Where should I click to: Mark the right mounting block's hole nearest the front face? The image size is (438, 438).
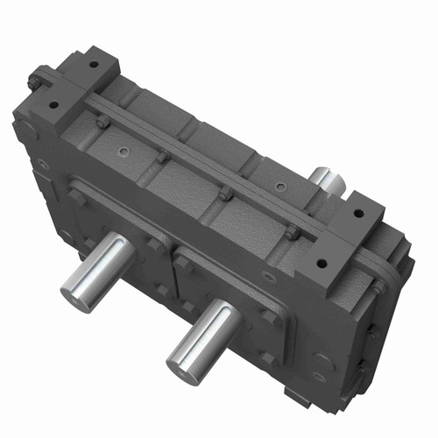(321, 263)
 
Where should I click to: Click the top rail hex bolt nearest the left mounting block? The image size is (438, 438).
(102, 124)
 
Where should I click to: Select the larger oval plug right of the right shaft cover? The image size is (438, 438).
(322, 360)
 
